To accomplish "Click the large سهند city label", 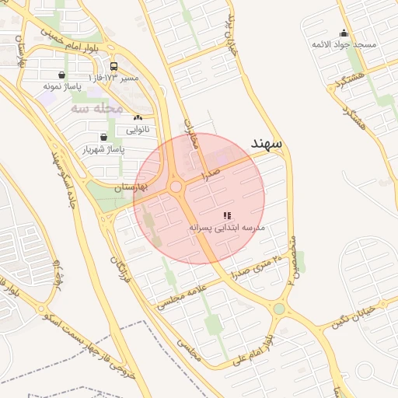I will [267, 144].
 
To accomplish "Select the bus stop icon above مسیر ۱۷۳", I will [114, 67].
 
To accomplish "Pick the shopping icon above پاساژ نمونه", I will [61, 75].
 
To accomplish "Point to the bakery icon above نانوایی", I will [138, 117].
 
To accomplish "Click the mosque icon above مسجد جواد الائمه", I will [344, 33].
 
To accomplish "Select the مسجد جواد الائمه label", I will [344, 44].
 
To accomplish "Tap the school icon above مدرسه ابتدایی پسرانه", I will [227, 215].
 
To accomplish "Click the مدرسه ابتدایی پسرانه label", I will [227, 227].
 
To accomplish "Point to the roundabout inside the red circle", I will [176, 187].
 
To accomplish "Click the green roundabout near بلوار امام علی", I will [279, 309].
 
